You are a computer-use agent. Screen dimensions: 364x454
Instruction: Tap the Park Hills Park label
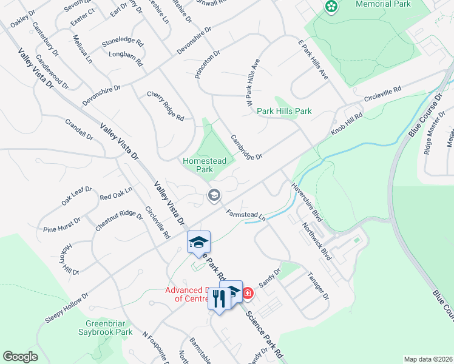point(284,111)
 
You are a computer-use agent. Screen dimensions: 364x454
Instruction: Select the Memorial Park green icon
point(331,7)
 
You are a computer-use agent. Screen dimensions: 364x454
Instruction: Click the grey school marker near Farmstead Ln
point(214,195)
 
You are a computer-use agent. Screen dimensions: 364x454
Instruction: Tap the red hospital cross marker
point(248,294)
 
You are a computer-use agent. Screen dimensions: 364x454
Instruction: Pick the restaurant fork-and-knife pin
point(219,297)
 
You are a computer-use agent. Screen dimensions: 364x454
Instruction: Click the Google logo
point(20,357)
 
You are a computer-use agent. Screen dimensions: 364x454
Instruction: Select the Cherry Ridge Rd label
point(165,106)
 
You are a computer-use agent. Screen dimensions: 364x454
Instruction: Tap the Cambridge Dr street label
point(246,147)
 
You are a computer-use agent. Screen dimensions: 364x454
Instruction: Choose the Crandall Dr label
point(80,129)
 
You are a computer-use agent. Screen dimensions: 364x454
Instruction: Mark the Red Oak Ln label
point(115,196)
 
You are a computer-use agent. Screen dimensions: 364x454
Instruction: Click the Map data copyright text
point(427,359)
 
